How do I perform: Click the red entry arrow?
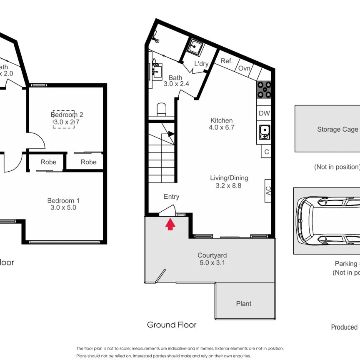coord(170,225)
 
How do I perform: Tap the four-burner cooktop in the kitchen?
coord(264,89)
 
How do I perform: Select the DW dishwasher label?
coord(264,113)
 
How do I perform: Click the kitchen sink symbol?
coord(264,133)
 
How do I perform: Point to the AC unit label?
coord(269,191)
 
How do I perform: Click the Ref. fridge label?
coord(226,61)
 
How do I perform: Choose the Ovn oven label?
coord(244,69)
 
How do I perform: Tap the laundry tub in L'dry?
coord(195,47)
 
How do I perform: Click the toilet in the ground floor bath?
coord(161,110)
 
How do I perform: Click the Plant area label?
coord(244,304)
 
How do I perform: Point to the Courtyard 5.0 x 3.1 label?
coord(212,259)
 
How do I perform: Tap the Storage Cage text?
coord(337,129)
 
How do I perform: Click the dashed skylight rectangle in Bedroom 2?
coord(64,119)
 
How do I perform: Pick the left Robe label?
coord(48,162)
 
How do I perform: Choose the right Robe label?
coord(88,162)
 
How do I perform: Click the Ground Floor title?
coord(172,325)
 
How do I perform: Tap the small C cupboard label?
coord(267,152)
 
